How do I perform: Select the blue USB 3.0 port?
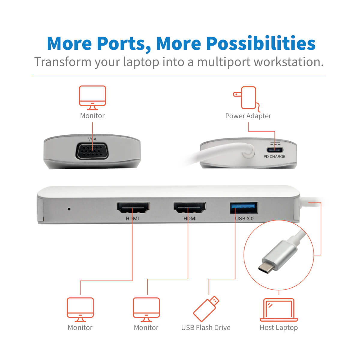244,208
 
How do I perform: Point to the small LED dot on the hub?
69,209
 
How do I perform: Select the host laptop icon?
279,310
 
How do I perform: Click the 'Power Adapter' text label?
248,116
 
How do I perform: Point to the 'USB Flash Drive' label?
206,328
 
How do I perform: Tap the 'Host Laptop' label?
279,328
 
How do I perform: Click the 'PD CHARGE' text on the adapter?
274,157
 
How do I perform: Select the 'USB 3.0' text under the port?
244,218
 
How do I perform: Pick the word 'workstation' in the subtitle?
288,62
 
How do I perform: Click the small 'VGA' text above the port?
92,139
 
